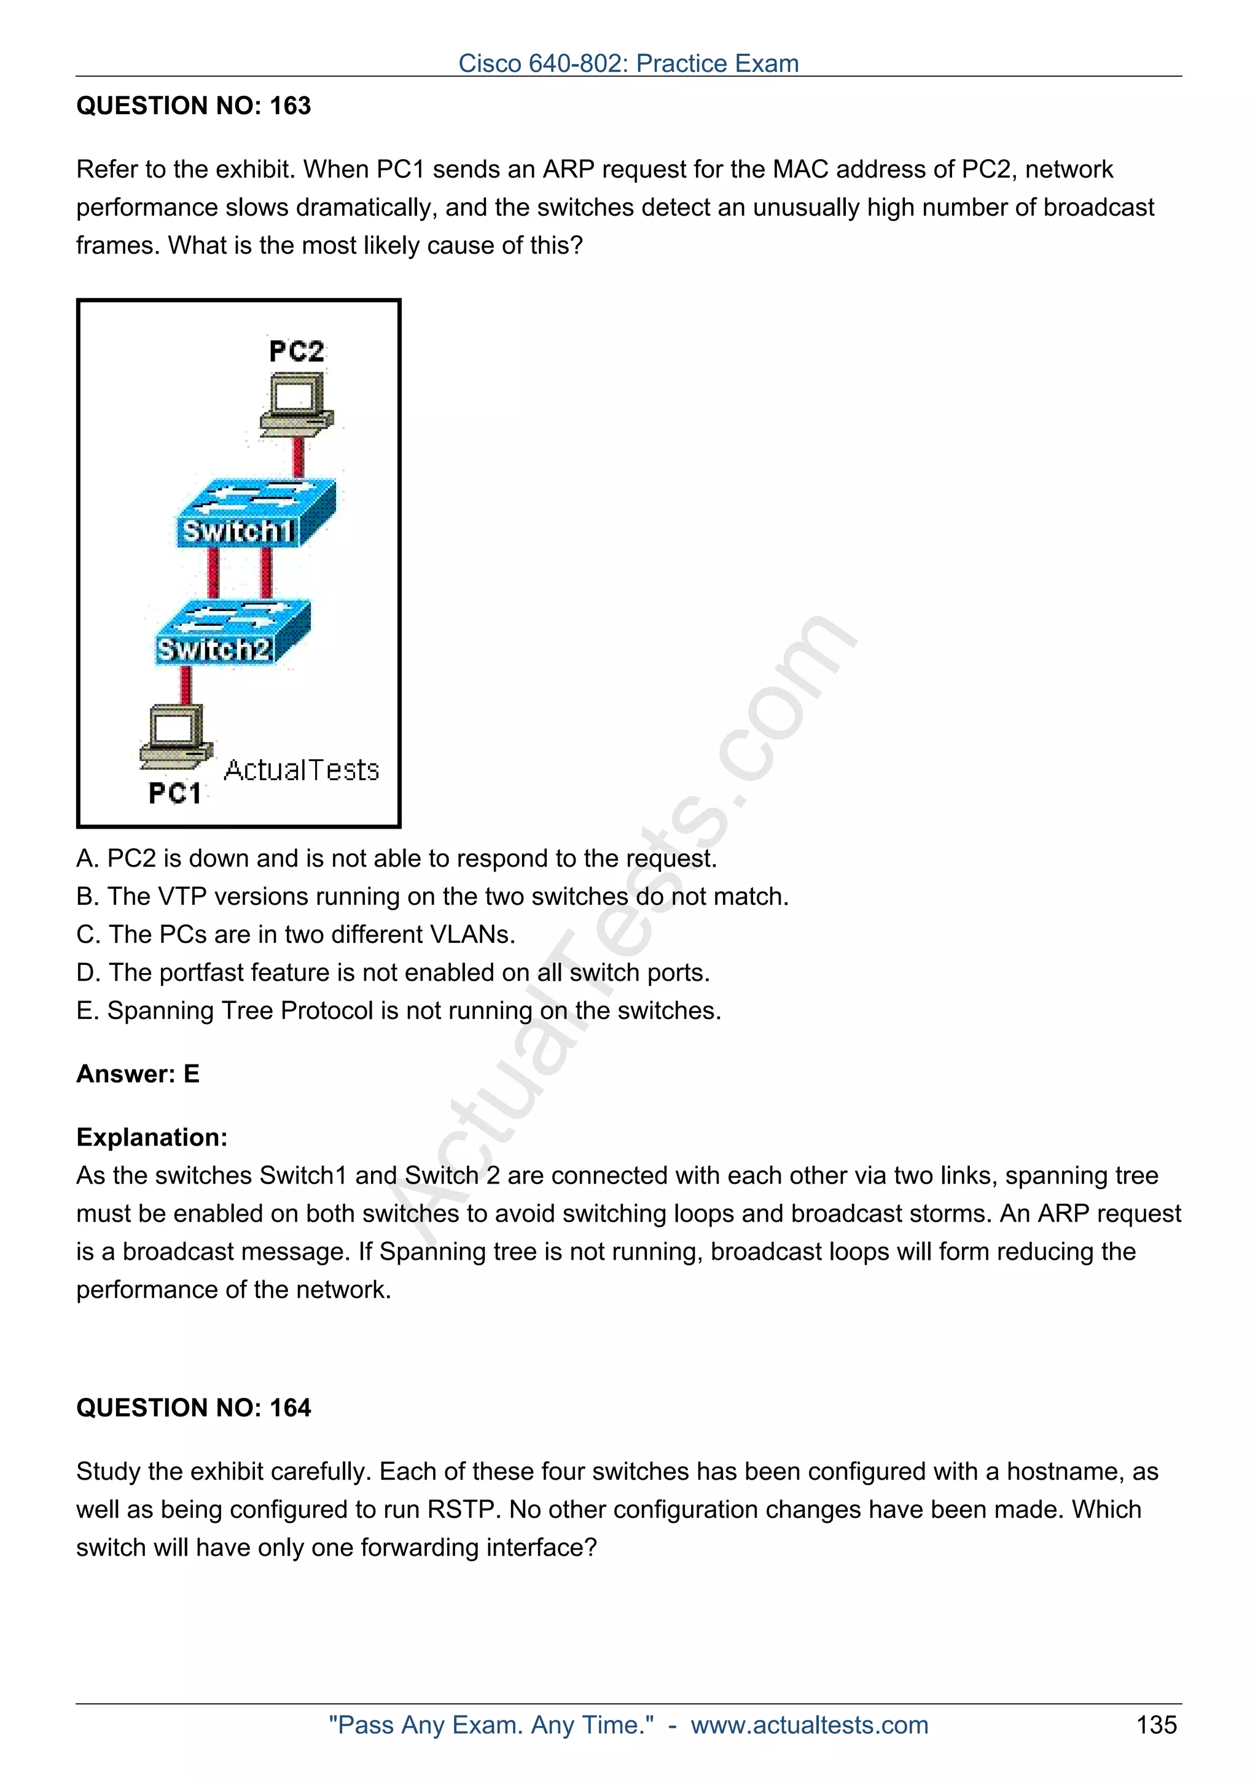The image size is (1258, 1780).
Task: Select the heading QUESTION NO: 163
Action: tap(193, 106)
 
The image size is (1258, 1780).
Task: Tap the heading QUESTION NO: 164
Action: tap(193, 1407)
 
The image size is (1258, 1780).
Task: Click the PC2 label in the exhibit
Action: tap(296, 351)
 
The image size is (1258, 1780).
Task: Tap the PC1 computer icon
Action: tap(175, 736)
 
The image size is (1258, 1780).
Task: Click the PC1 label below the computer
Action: tap(174, 793)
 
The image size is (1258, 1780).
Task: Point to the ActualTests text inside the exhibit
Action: tap(301, 770)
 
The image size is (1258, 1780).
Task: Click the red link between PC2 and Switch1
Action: tap(299, 458)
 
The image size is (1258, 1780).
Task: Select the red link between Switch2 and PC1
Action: tap(186, 685)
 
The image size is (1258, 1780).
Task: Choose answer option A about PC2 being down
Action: tap(396, 858)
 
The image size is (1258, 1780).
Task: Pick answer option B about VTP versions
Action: tap(432, 896)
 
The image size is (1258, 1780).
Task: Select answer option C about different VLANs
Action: tap(295, 934)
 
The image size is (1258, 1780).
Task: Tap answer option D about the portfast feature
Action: tap(393, 972)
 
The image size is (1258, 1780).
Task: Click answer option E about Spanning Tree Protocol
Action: tap(399, 1010)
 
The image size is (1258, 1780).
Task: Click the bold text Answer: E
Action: tap(138, 1074)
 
